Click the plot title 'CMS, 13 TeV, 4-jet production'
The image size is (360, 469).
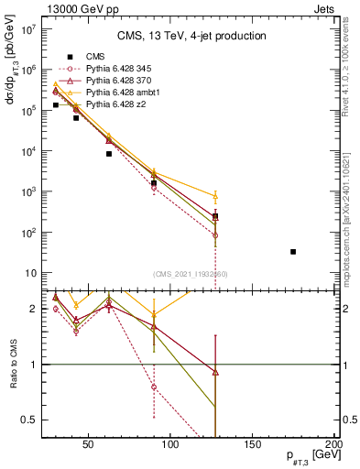(191, 36)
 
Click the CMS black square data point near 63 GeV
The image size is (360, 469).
(109, 154)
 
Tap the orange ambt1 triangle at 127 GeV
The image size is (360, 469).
(215, 196)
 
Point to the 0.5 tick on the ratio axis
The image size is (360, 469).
(27, 420)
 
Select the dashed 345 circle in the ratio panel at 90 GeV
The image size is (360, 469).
(154, 387)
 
